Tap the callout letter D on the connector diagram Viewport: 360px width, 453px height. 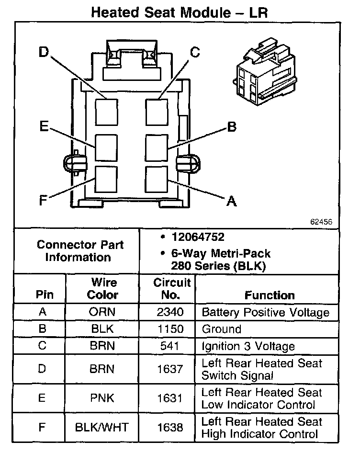pos(44,52)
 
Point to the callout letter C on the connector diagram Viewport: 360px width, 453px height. pos(195,52)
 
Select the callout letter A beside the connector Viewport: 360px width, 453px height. pos(231,201)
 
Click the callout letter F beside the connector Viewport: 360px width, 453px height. pos(43,200)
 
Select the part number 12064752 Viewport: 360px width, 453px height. pos(198,238)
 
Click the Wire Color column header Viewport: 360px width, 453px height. pos(102,289)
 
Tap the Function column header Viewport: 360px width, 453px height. pos(270,295)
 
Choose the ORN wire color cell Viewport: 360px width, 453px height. pos(102,312)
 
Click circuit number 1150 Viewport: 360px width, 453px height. pos(170,329)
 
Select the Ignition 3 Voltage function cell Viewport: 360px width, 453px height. pos(248,346)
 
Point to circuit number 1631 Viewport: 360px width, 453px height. pos(170,398)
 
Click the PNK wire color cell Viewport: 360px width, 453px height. pos(102,398)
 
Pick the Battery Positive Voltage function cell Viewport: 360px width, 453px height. pos(266,313)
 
